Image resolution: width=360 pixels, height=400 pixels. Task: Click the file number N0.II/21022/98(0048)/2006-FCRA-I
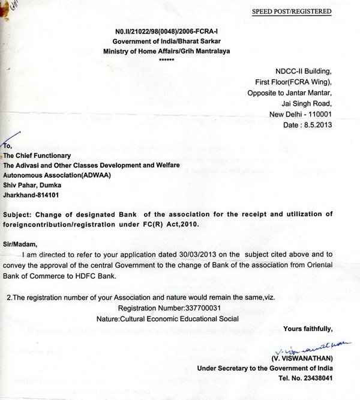pyautogui.click(x=158, y=31)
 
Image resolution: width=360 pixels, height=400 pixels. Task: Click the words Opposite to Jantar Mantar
pyautogui.click(x=290, y=93)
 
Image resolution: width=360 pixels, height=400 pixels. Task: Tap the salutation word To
pyautogui.click(x=7, y=145)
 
